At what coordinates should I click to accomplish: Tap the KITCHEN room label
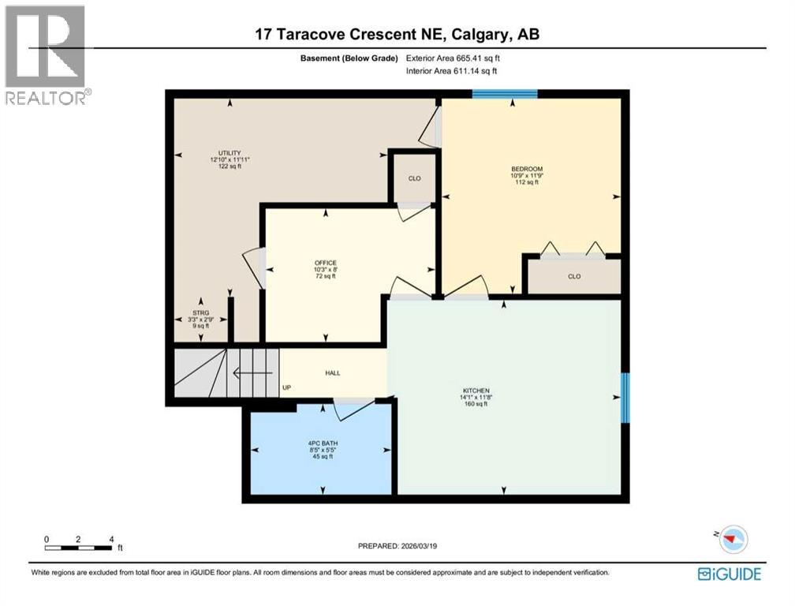[476, 391]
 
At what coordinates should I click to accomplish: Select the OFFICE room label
[325, 263]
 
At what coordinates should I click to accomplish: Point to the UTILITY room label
[230, 153]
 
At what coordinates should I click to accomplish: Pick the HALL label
[333, 373]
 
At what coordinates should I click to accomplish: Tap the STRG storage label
[201, 301]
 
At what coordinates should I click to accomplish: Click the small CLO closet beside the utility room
[414, 179]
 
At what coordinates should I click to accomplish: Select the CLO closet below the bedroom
[573, 276]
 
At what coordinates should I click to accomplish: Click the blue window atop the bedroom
[505, 94]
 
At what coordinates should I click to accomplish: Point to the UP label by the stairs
[286, 388]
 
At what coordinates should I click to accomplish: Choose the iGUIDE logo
[729, 573]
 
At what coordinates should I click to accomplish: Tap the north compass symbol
[733, 539]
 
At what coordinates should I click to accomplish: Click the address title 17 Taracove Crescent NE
[397, 34]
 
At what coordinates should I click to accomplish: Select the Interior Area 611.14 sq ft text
[451, 72]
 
